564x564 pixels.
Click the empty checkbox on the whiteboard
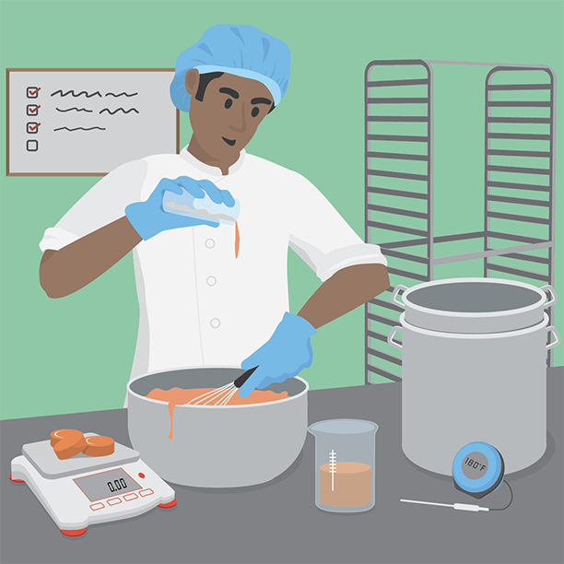coord(32,146)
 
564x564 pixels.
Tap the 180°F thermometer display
coord(475,464)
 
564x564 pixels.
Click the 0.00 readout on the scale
coord(117,485)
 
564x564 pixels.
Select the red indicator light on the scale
coord(142,476)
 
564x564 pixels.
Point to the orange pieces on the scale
coord(82,443)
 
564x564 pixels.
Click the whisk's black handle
coord(246,377)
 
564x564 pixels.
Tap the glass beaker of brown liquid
coord(345,465)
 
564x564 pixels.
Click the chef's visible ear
coord(192,81)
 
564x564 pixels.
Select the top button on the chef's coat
coord(210,243)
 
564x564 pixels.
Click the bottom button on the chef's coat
coord(215,323)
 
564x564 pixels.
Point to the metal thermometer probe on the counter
coord(444,504)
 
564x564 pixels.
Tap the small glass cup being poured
coord(201,206)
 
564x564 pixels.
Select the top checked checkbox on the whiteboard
coord(33,92)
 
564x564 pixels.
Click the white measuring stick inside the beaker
coord(333,470)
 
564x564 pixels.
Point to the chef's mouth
coord(228,141)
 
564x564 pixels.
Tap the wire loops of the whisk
coord(212,395)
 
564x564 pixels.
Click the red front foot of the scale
coord(74,532)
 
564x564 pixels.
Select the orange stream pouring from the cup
coord(237,239)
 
